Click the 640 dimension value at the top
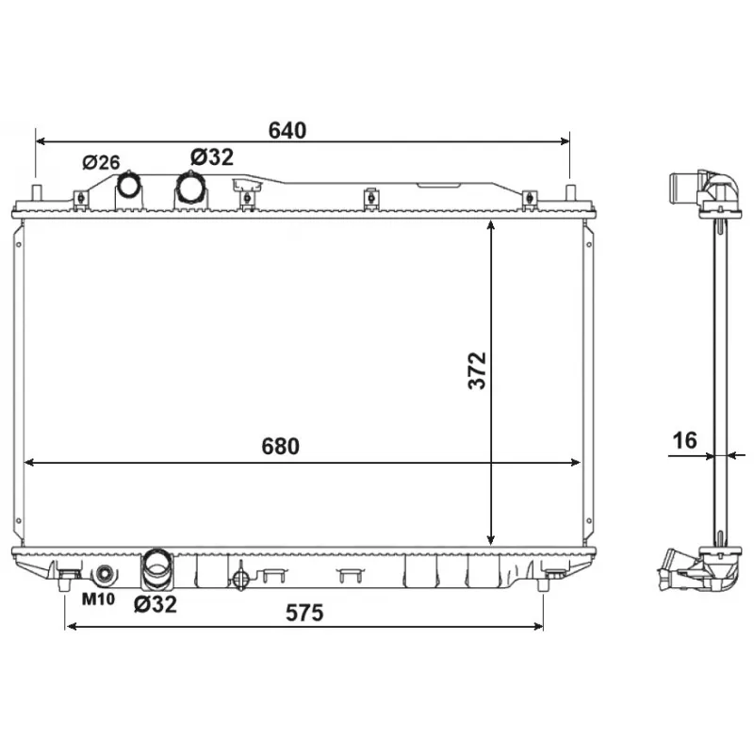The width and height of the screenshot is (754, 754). click(287, 131)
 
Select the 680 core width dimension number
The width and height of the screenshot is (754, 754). click(281, 447)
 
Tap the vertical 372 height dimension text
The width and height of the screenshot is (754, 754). click(477, 370)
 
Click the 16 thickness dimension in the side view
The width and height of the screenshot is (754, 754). click(684, 440)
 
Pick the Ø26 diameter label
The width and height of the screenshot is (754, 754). click(101, 162)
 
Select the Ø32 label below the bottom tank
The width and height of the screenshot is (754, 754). click(156, 604)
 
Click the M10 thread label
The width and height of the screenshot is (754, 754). click(97, 599)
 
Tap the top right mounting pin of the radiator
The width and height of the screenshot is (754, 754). click(569, 194)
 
